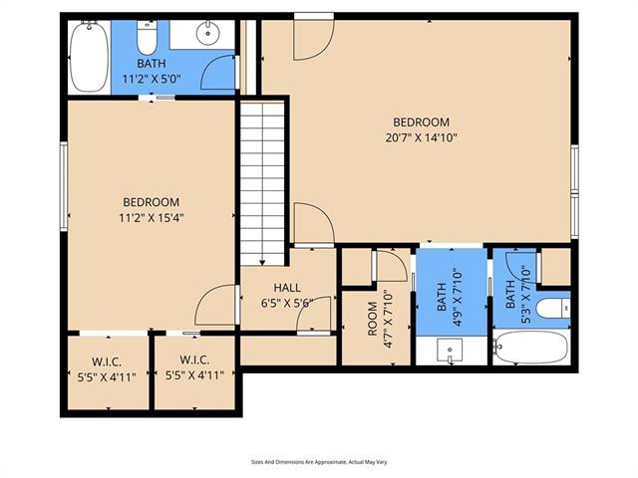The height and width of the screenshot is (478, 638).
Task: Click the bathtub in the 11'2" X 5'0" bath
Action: tap(89, 57)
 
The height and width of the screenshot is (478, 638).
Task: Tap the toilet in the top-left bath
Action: tap(147, 38)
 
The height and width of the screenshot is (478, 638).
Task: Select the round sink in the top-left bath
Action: tap(208, 33)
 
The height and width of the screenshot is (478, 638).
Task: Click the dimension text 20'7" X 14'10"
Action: tap(421, 137)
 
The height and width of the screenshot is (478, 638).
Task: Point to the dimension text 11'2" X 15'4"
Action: tap(152, 218)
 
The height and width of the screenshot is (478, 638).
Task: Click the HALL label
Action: tap(287, 288)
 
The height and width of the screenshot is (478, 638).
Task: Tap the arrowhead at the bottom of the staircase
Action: tap(262, 262)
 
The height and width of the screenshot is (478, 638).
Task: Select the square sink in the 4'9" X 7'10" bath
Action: tap(450, 350)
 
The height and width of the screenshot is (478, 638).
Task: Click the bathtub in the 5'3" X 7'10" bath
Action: tap(531, 348)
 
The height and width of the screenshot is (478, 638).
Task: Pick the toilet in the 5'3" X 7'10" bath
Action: tap(553, 308)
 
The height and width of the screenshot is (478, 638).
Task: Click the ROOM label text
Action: tap(372, 319)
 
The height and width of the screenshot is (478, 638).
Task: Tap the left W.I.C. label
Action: tap(107, 361)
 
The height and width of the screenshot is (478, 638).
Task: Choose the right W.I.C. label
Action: tap(194, 359)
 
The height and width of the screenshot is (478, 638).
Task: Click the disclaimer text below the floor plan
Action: tap(319, 462)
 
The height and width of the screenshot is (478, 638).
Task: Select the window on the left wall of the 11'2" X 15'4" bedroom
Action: tap(64, 186)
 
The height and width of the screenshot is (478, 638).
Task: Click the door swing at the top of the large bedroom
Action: tap(314, 40)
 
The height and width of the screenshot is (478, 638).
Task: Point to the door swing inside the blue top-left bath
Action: tap(218, 73)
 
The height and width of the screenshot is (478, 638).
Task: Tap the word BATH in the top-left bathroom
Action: tap(152, 64)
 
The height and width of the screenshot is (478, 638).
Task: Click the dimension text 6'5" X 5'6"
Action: tap(287, 303)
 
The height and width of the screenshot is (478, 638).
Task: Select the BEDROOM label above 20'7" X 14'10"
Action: tap(421, 121)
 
